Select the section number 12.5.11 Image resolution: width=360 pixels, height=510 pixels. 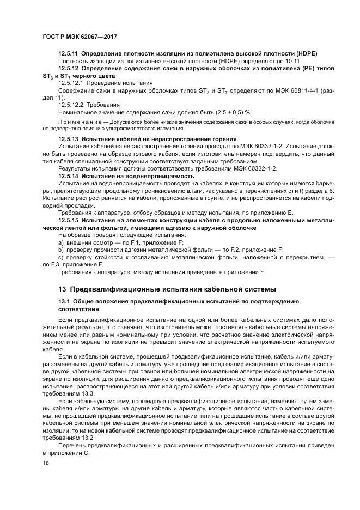[68, 53]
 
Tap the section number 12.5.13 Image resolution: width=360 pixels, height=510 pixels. [68, 139]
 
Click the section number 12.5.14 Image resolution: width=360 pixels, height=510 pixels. [68, 176]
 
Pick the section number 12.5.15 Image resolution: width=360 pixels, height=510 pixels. [68, 220]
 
